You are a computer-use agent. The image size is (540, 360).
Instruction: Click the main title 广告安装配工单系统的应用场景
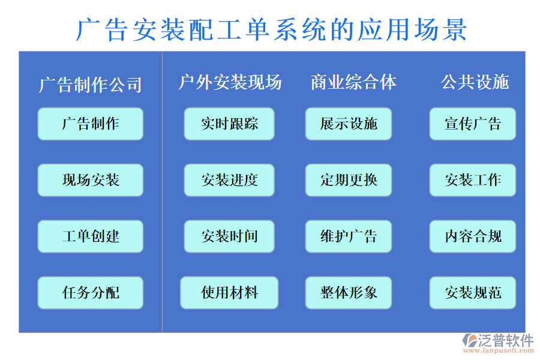click(x=271, y=29)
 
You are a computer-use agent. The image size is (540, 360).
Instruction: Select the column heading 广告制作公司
click(x=91, y=85)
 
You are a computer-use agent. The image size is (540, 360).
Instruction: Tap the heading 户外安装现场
click(x=230, y=82)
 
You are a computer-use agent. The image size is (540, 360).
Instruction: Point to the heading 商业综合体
click(x=353, y=82)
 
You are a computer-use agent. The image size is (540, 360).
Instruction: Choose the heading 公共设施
click(x=475, y=82)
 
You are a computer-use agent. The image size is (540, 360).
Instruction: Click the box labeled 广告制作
click(x=91, y=124)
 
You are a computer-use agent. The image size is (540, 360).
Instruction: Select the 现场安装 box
click(x=91, y=180)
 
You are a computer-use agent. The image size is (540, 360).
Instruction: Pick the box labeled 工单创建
click(x=91, y=236)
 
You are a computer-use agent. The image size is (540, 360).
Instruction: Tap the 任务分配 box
click(x=91, y=293)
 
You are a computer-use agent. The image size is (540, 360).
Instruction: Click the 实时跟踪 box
click(x=229, y=124)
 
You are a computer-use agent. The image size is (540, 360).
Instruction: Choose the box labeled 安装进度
click(x=229, y=180)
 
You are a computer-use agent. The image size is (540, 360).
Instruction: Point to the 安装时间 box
click(x=229, y=236)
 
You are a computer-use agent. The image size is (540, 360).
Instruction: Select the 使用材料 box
click(x=229, y=293)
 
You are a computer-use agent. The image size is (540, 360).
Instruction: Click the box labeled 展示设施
click(x=349, y=124)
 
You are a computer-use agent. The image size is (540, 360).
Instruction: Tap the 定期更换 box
click(x=349, y=180)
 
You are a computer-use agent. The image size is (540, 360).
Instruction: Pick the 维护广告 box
click(x=349, y=236)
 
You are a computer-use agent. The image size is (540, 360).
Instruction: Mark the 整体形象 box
click(x=349, y=293)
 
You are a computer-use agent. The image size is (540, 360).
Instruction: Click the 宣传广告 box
click(x=473, y=124)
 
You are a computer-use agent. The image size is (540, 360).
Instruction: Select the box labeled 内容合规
click(x=473, y=236)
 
